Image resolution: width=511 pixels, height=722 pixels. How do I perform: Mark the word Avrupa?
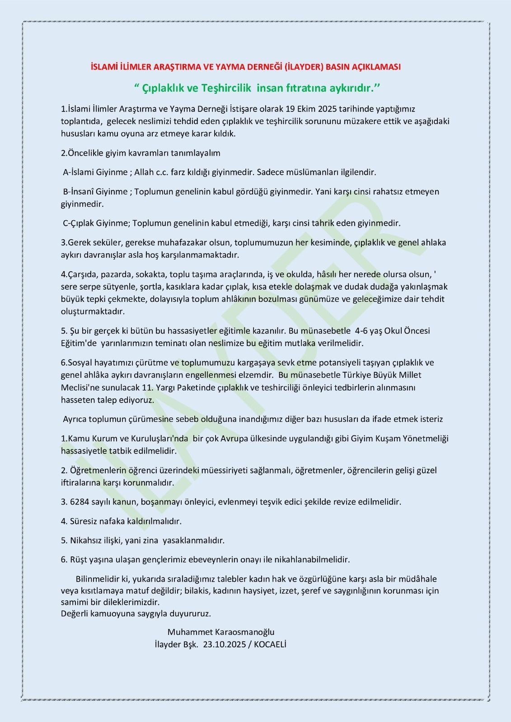click(236, 438)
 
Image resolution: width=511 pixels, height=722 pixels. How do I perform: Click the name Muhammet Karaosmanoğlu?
click(220, 632)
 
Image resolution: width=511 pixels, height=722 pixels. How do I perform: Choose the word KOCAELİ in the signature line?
click(270, 644)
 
